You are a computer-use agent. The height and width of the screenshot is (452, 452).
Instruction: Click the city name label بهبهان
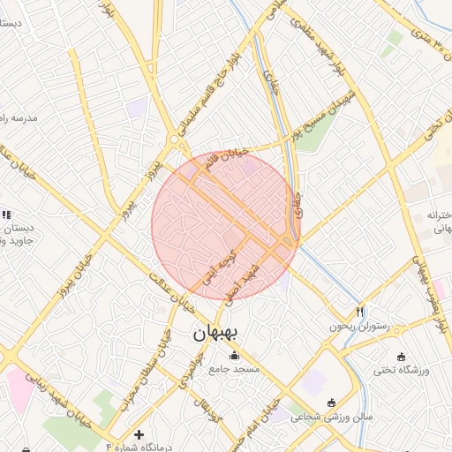pos(216,334)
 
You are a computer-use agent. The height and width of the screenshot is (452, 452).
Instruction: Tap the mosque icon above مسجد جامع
pos(234,356)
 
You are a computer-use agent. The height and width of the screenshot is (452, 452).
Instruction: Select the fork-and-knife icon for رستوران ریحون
pos(359,312)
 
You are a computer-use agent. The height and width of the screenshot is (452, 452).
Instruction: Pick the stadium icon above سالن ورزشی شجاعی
pos(331,403)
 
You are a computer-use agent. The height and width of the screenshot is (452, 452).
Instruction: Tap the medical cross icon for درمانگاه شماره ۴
pos(139,434)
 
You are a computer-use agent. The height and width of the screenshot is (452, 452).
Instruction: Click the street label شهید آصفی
pos(245,281)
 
